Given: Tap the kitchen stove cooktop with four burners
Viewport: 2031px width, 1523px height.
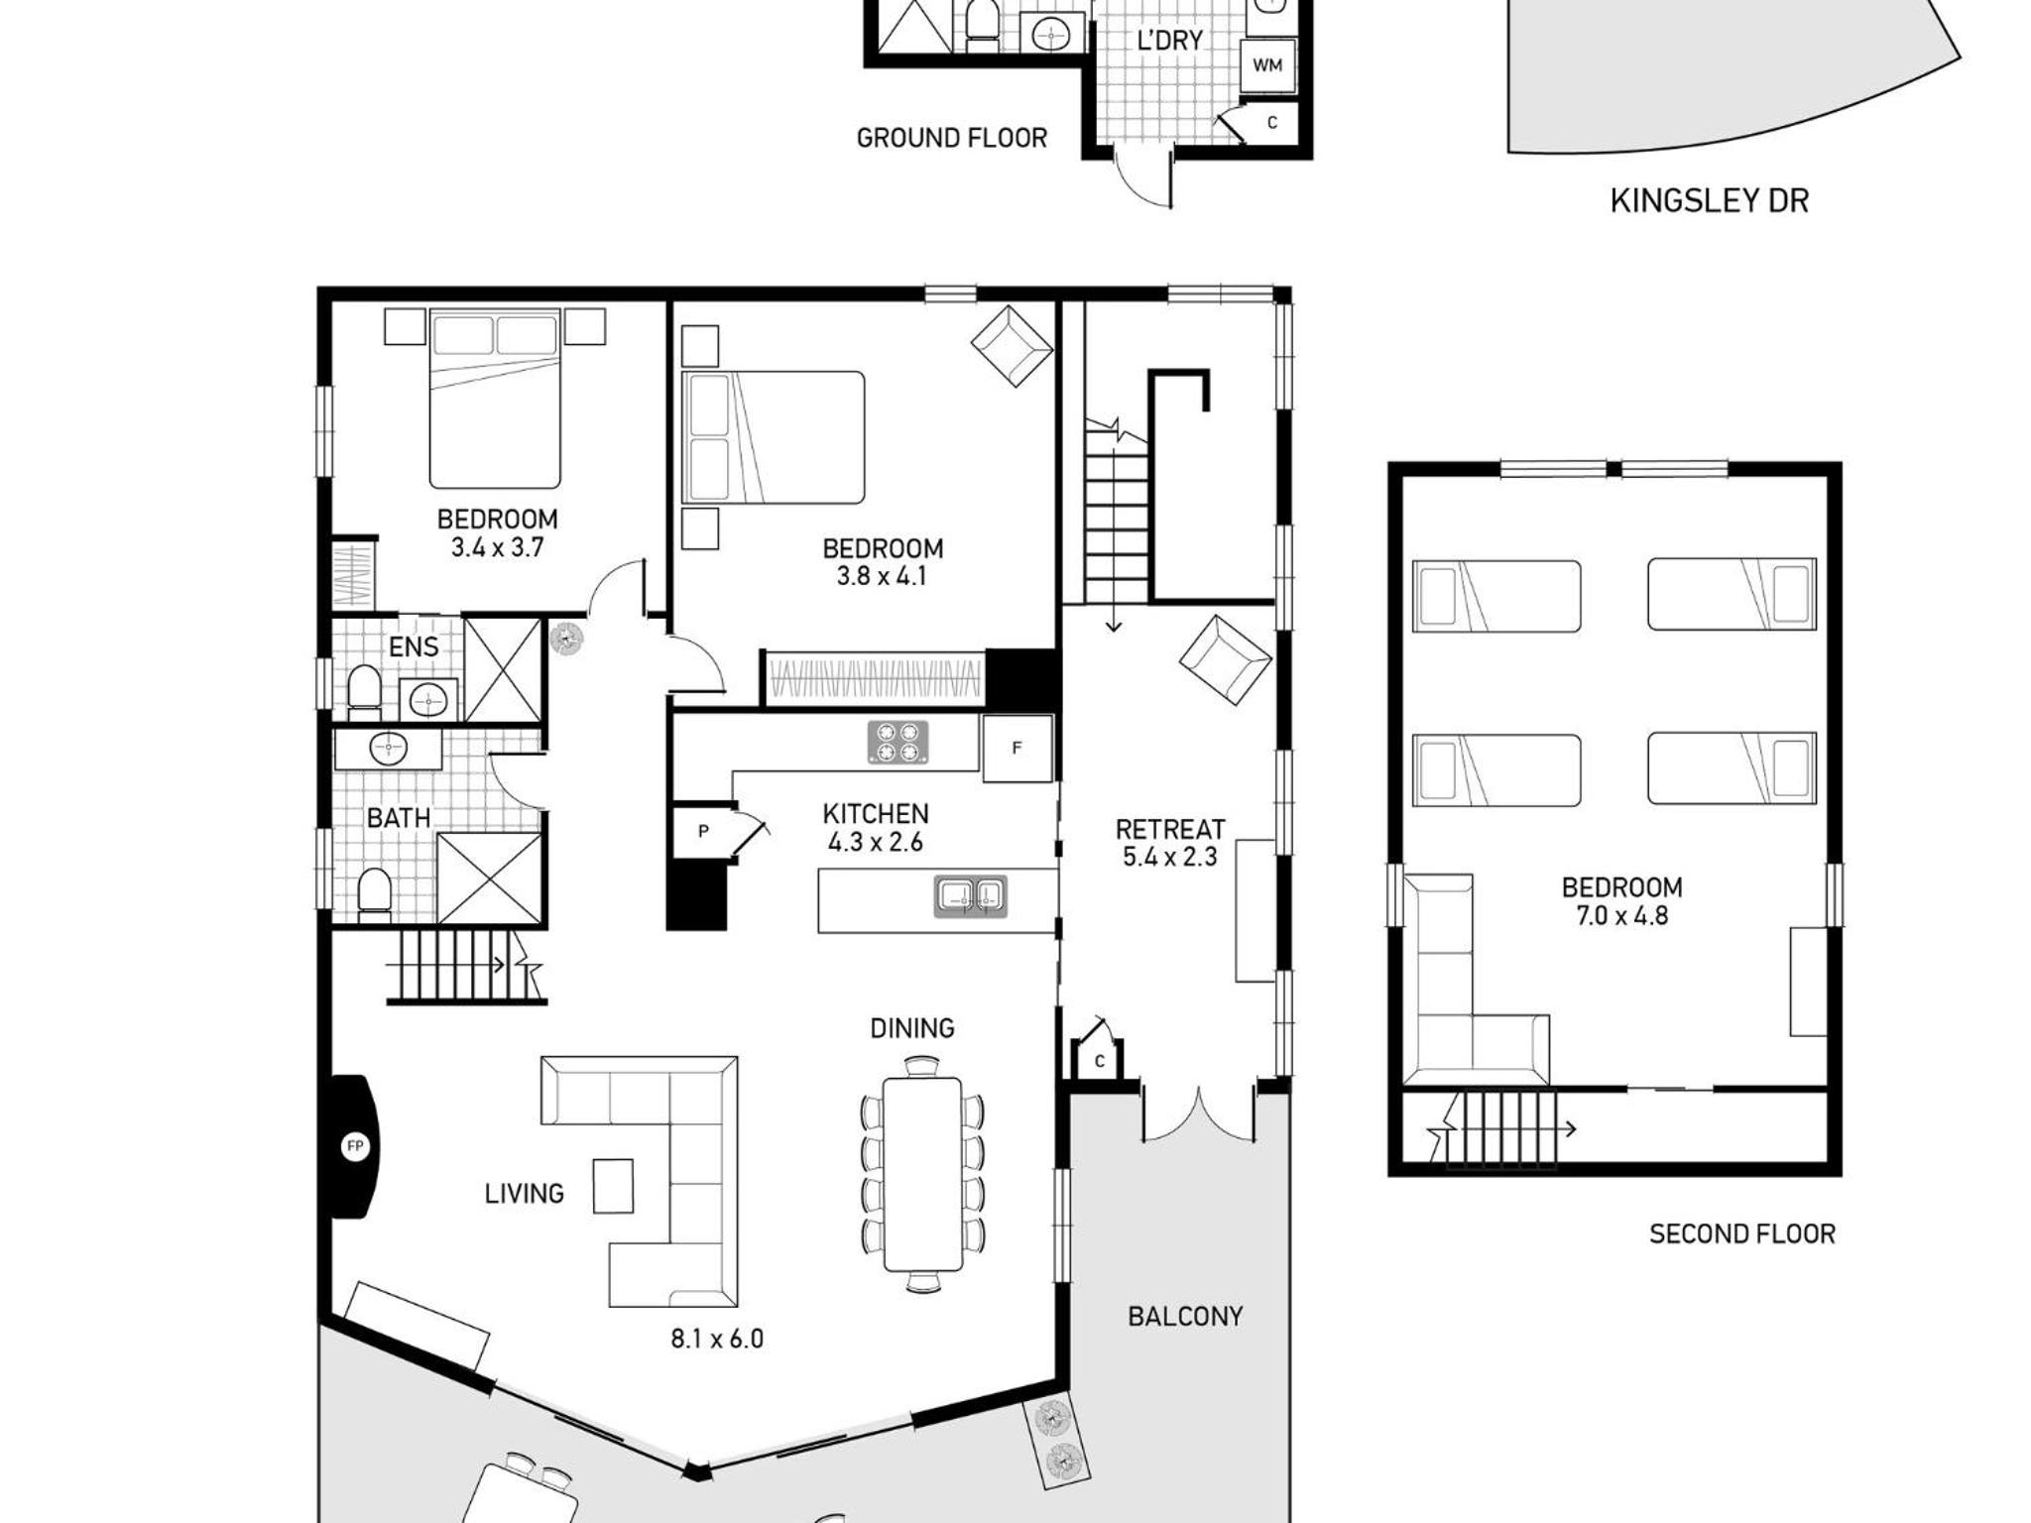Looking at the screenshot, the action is (x=897, y=743).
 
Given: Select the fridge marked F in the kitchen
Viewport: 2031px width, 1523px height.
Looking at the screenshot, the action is (x=1017, y=749).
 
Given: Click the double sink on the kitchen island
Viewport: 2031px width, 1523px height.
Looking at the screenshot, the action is (x=970, y=896).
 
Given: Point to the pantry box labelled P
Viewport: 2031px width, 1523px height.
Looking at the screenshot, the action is (x=703, y=831).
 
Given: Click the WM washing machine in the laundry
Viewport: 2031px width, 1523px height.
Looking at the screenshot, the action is (x=1267, y=65).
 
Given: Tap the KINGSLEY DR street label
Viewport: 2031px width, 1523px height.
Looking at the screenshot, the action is (x=1709, y=200).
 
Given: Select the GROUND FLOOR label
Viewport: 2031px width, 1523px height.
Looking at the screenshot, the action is (x=952, y=138).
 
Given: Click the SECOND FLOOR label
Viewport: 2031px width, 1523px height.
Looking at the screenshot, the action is (x=1742, y=1233).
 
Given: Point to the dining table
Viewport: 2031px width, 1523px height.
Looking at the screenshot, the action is (x=922, y=1174).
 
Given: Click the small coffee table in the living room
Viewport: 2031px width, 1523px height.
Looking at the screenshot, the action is (x=613, y=1186).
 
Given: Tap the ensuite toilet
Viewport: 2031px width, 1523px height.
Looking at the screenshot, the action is (x=364, y=692).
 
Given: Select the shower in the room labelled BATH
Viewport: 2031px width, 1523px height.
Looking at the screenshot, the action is (x=490, y=879).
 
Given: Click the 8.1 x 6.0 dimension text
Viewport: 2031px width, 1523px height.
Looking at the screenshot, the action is (x=717, y=1339).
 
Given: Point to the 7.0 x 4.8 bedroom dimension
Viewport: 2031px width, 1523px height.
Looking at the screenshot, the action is (x=1622, y=915).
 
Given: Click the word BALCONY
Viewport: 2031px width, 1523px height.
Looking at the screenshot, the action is (x=1185, y=1316).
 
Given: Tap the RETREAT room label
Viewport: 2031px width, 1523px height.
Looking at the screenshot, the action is (x=1170, y=829).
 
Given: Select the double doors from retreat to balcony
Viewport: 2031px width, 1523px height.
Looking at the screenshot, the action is (x=1199, y=1114).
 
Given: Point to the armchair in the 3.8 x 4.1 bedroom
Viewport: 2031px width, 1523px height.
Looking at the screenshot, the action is (x=1011, y=345).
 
